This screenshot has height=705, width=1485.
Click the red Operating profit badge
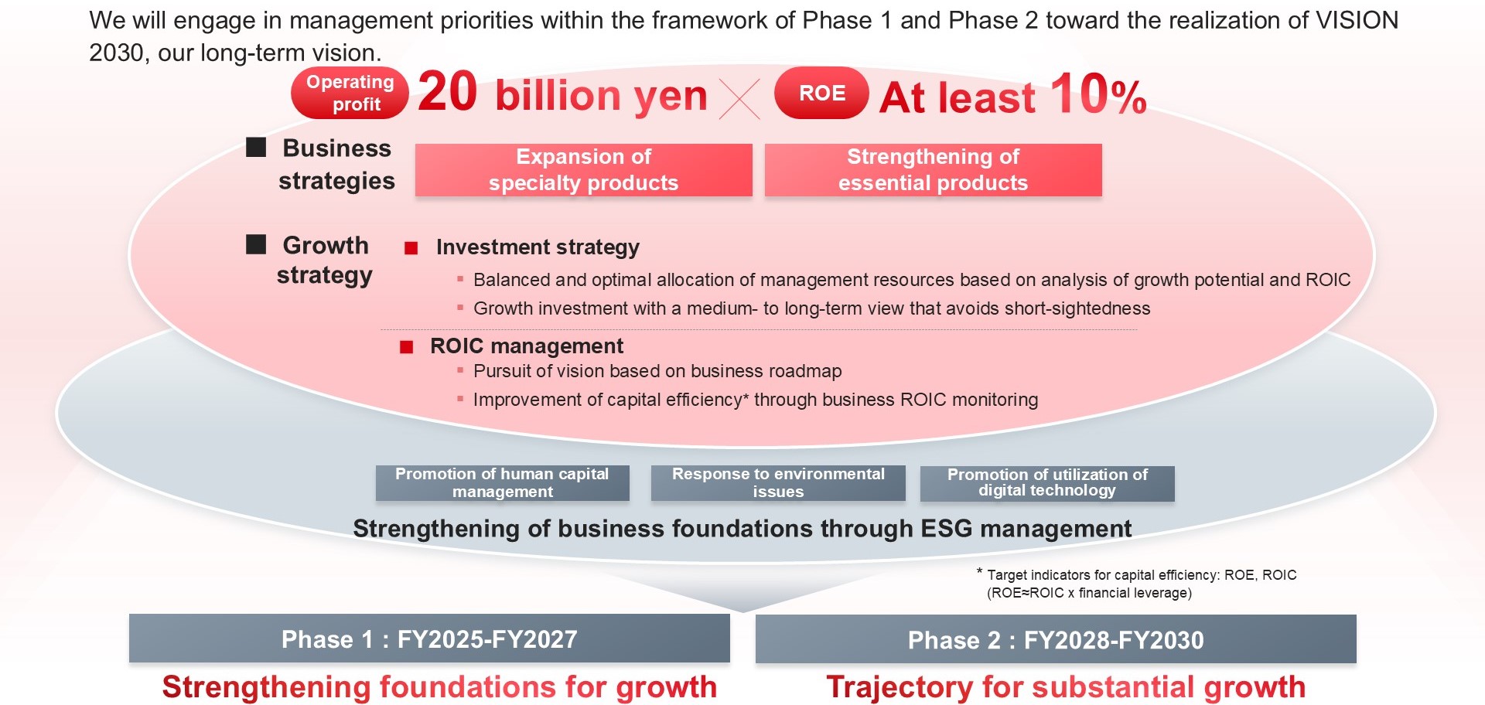pyautogui.click(x=350, y=93)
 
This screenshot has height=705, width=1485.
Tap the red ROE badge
pyautogui.click(x=821, y=93)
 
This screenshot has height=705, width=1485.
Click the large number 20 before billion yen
pyautogui.click(x=448, y=92)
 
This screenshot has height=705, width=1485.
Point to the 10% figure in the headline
pyautogui.click(x=1098, y=94)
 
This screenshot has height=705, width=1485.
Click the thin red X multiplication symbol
pyautogui.click(x=739, y=99)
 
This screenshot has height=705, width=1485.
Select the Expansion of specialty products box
pyautogui.click(x=584, y=170)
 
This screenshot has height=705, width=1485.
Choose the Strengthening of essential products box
pyautogui.click(x=934, y=170)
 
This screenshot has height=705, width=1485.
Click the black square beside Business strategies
pyautogui.click(x=256, y=147)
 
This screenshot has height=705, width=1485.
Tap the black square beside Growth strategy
pyautogui.click(x=256, y=244)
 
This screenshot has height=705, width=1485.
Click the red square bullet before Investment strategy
pyautogui.click(x=411, y=248)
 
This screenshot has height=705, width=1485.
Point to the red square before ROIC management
pyautogui.click(x=407, y=347)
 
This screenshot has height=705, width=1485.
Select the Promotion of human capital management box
pyautogui.click(x=503, y=483)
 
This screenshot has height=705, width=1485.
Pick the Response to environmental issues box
pyautogui.click(x=778, y=483)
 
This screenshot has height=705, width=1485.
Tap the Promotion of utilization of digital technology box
pyautogui.click(x=1047, y=483)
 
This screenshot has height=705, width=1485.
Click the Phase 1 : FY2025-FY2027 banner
pyautogui.click(x=429, y=639)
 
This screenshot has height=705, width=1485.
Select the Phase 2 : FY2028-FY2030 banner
pyautogui.click(x=1056, y=639)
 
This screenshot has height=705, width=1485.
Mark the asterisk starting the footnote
pyautogui.click(x=980, y=572)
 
